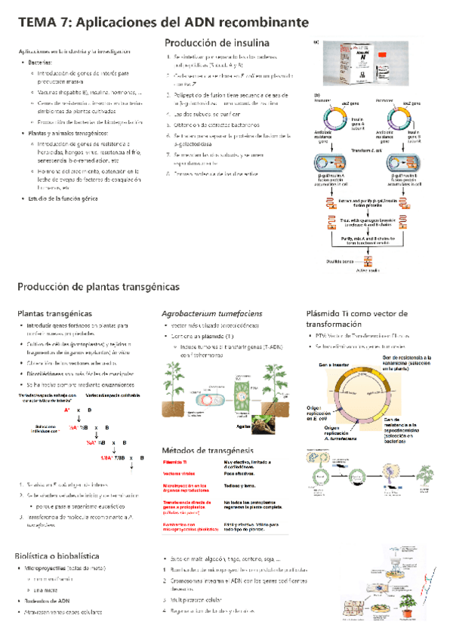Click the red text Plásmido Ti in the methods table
point(179,461)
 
